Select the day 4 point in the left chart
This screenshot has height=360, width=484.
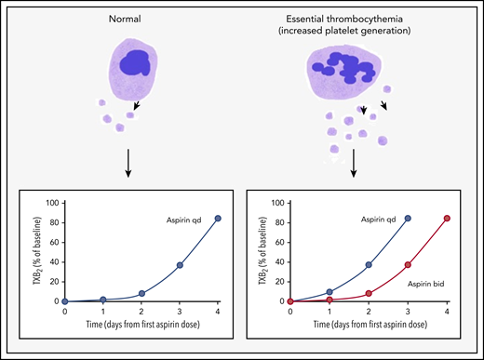point(218,219)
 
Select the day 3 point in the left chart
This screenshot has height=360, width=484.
point(180,265)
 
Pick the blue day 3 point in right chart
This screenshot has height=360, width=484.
point(407,219)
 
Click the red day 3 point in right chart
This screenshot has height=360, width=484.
point(407,265)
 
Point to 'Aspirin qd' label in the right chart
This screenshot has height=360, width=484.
point(370,220)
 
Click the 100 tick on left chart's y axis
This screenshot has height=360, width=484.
point(53,203)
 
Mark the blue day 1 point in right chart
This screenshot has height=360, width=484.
point(329,292)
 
